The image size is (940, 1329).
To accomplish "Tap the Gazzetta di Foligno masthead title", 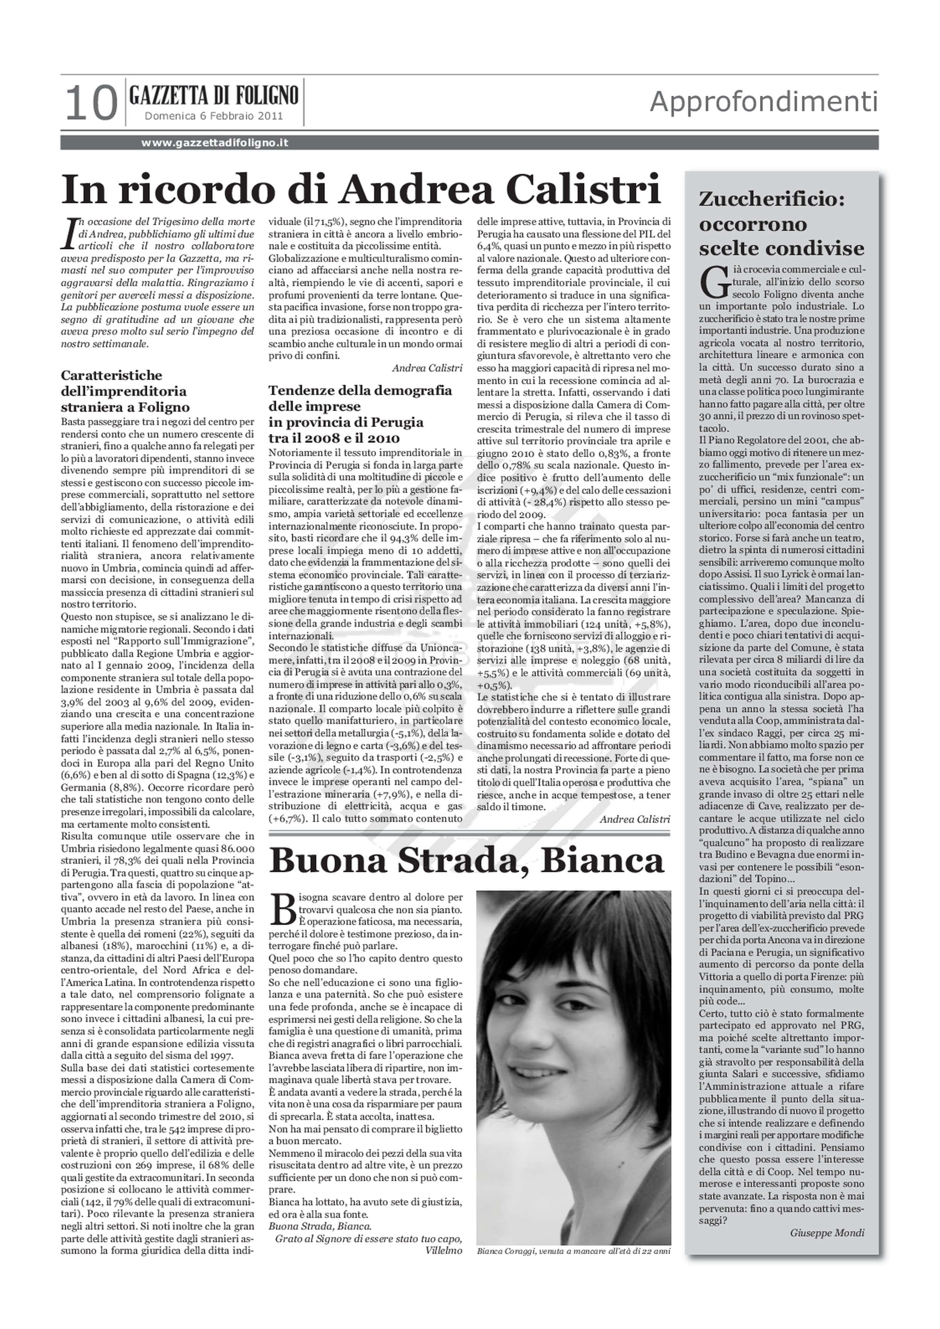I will pyautogui.click(x=214, y=94).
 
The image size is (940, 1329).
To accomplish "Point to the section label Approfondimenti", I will pyautogui.click(x=763, y=103).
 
